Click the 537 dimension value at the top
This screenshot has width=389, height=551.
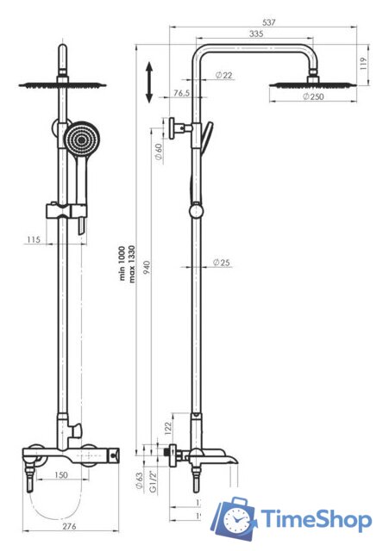click(269, 22)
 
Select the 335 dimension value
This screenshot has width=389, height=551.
click(256, 34)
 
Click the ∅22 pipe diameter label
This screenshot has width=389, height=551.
click(223, 76)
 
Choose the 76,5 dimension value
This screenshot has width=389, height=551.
click(181, 93)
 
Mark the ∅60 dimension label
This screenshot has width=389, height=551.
click(158, 155)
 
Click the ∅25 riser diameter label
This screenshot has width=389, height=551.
click(222, 263)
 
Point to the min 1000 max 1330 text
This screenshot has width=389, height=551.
click(128, 263)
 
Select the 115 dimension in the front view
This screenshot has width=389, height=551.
click(34, 238)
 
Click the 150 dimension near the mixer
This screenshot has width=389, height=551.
click(61, 474)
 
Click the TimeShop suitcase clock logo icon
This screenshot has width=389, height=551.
click(235, 519)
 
